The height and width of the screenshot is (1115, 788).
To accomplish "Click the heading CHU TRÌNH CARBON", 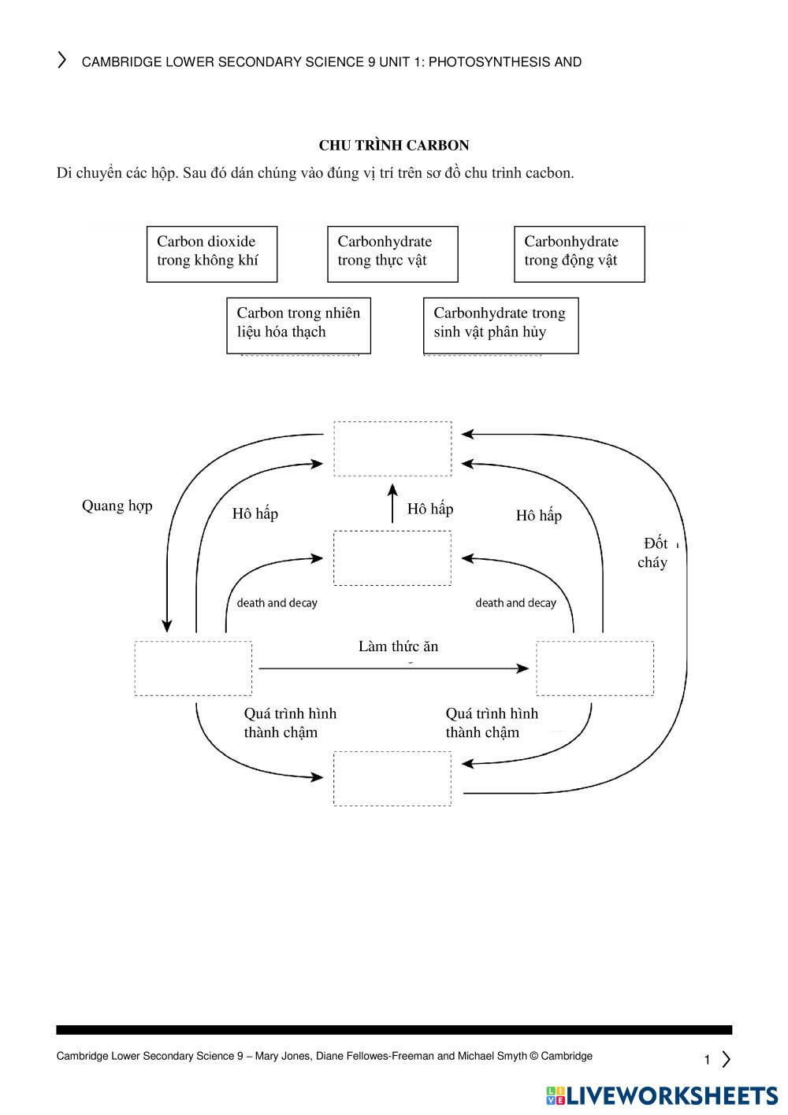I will pos(394,146).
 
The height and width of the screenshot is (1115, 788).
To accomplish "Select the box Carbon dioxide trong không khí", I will pos(212,254).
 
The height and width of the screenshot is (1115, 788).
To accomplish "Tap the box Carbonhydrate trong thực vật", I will pos(392,254).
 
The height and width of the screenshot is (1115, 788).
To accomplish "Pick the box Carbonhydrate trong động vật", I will pos(579,254).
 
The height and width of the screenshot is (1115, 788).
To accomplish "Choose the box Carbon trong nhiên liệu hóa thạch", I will pos(299,324).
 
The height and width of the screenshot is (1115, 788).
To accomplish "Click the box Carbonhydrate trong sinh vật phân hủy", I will pos(500,324).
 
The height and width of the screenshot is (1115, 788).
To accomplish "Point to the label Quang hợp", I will pos(117,506).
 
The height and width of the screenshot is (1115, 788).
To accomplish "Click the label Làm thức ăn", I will pos(398,646).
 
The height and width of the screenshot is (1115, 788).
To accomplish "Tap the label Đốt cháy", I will pos(653,552).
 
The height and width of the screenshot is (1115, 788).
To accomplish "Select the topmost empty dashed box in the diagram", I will pos(392,449).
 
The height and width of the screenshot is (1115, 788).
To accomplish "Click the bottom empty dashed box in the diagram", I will pos(392,778).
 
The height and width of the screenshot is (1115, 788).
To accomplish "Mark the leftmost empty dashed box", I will pos(193,668).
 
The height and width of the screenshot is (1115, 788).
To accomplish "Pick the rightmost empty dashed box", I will pos(595,668).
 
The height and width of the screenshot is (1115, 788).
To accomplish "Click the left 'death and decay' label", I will pos(277,603).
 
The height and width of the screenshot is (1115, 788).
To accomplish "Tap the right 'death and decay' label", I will pos(515,603).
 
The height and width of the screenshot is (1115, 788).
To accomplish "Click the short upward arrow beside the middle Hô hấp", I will pos(392,504).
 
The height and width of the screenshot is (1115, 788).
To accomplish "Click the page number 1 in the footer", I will pos(707,1060).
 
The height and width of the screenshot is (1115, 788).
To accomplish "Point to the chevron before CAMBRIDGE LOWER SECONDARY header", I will pos(61,61).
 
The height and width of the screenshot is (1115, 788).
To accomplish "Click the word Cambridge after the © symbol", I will pos(566,1056).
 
